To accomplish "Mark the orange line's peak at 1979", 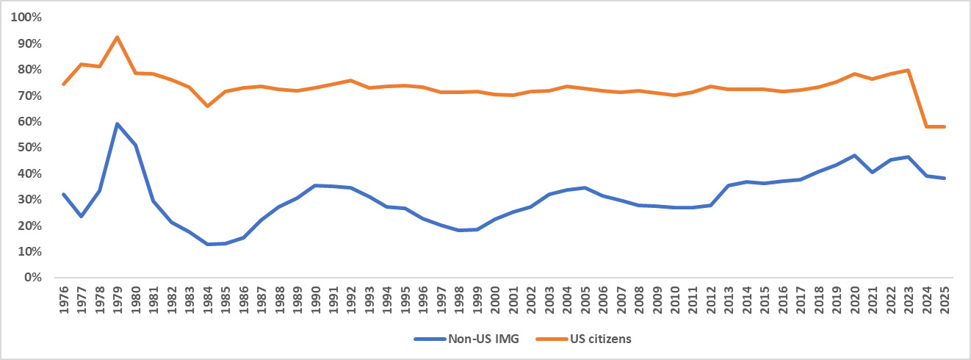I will (118, 37).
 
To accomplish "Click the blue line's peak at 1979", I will (118, 124).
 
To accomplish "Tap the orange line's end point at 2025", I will (944, 126).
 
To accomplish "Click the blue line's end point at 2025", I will (944, 178).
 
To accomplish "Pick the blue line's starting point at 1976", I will (64, 194).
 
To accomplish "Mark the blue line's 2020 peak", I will (854, 156).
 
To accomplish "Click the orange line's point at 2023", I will (908, 71).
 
